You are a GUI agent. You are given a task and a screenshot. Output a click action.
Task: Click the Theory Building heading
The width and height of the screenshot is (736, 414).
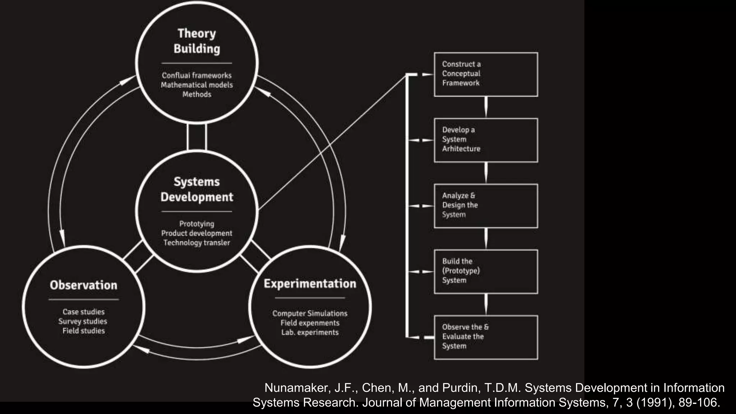click(x=197, y=41)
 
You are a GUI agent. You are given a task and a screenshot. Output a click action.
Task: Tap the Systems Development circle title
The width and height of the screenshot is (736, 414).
click(x=197, y=189)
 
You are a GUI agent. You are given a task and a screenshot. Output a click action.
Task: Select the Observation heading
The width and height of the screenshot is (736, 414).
click(x=83, y=285)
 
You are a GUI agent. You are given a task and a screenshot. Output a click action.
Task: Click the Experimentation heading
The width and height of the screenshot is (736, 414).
click(x=310, y=284)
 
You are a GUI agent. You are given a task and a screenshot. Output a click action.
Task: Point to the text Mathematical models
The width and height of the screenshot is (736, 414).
click(x=197, y=85)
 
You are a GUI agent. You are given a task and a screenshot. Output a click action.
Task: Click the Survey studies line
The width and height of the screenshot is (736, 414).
click(x=83, y=321)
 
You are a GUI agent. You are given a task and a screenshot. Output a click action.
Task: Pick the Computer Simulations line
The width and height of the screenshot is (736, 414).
click(x=310, y=313)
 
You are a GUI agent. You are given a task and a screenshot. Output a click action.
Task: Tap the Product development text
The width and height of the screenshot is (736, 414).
click(x=197, y=233)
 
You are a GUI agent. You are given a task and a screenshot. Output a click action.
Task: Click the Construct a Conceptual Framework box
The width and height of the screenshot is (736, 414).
click(x=486, y=74)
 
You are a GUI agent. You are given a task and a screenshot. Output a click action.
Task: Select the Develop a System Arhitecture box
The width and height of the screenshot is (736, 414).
click(x=486, y=140)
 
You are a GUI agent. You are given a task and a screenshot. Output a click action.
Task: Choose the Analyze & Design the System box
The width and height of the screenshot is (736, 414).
click(x=486, y=206)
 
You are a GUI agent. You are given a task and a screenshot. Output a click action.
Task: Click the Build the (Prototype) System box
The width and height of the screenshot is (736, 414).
click(x=486, y=272)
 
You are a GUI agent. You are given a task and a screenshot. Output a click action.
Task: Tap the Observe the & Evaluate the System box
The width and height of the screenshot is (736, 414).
click(x=486, y=337)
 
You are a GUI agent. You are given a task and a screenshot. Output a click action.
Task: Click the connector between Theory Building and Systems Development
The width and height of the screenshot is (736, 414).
click(x=197, y=137)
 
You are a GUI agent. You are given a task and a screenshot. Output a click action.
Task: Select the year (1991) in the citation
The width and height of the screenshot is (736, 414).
click(x=655, y=402)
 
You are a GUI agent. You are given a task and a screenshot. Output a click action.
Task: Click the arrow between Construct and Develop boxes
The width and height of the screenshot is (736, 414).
click(x=486, y=107)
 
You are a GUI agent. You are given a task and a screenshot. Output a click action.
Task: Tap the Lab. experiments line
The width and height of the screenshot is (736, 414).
click(x=310, y=332)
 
